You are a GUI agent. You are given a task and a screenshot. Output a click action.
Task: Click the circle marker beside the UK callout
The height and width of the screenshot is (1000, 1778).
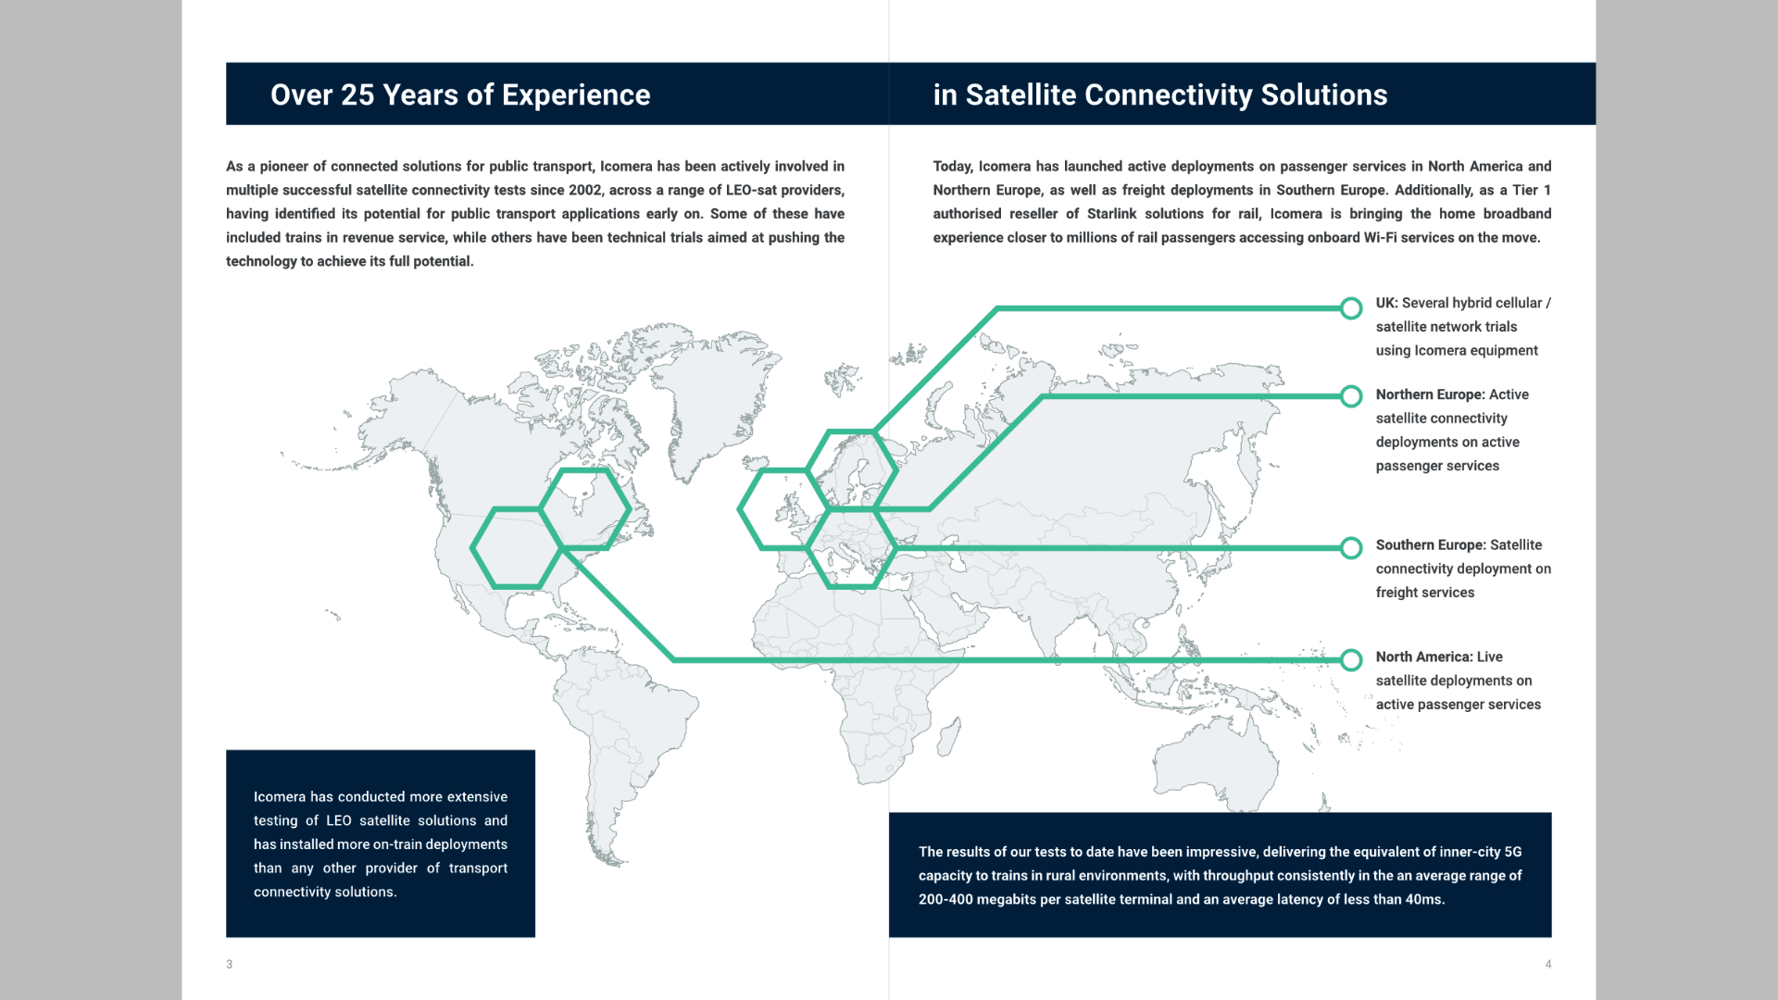coord(1351,308)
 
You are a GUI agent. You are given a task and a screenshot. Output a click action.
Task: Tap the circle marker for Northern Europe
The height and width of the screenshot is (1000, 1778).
coord(1351,396)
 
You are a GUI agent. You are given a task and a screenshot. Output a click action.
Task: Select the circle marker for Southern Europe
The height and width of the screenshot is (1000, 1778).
coord(1351,548)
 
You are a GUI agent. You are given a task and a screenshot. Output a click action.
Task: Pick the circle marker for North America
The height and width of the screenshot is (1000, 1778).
coord(1351,660)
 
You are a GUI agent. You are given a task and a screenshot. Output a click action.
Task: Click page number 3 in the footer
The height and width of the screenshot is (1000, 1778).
coord(230,964)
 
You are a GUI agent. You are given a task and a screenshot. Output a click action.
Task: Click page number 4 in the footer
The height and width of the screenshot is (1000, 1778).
coord(1548,964)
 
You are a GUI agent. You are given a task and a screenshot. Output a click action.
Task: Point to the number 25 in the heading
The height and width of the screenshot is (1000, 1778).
coord(357,94)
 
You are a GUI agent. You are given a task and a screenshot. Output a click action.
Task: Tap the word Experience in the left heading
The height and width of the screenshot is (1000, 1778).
coord(576,96)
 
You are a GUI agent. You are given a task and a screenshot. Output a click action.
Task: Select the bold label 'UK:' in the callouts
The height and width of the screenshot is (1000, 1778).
coord(1386,303)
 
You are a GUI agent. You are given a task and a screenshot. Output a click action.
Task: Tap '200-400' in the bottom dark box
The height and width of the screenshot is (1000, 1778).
coord(945,899)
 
